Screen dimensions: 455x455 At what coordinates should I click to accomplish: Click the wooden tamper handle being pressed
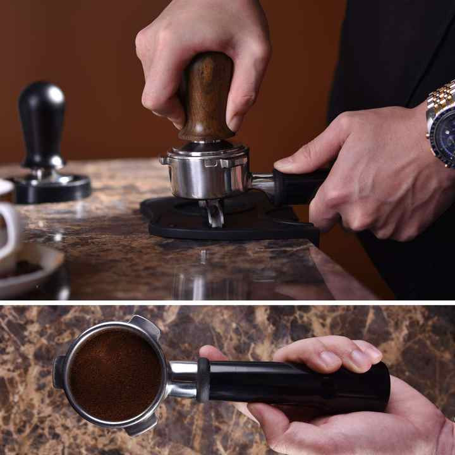pos(205,95)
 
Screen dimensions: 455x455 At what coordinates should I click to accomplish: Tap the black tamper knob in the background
pos(41,120)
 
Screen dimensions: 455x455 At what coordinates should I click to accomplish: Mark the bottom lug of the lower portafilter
pos(140,425)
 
